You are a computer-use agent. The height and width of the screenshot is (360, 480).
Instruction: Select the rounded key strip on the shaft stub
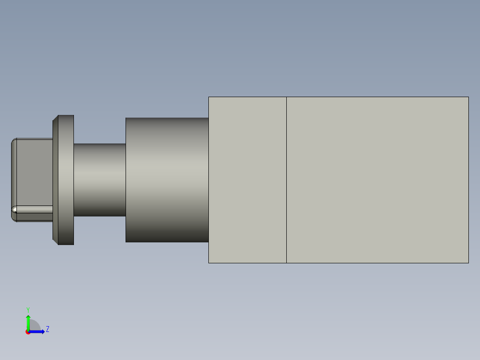[x=33, y=209]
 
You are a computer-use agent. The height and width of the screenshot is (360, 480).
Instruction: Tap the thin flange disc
[x=66, y=180]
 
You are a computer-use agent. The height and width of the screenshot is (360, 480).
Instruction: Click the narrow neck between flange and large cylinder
[x=99, y=180]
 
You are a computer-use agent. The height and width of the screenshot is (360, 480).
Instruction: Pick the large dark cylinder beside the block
[x=167, y=180]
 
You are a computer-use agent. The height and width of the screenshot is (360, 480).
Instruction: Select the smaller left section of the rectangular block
[x=247, y=180]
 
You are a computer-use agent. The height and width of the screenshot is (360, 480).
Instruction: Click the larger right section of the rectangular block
[x=378, y=180]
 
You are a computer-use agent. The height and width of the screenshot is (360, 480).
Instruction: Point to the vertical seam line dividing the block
[x=286, y=180]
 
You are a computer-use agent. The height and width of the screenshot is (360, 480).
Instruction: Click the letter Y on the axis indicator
[x=28, y=309]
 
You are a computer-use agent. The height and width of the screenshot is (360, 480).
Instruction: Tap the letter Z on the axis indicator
[x=48, y=329]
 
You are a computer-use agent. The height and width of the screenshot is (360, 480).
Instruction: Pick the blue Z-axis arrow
[x=38, y=331]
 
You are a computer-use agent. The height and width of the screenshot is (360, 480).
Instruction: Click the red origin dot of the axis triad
[x=28, y=332]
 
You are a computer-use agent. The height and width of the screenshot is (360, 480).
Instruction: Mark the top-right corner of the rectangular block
[x=468, y=97]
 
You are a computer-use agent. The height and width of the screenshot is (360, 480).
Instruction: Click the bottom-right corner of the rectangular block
[x=468, y=263]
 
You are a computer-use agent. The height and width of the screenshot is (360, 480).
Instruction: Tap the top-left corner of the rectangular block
[x=209, y=97]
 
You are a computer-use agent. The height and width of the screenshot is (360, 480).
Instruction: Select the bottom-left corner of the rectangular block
[x=209, y=263]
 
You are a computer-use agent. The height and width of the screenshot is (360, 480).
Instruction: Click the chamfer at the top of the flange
[x=55, y=119]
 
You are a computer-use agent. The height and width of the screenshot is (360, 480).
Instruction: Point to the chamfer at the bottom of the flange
[x=55, y=241]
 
